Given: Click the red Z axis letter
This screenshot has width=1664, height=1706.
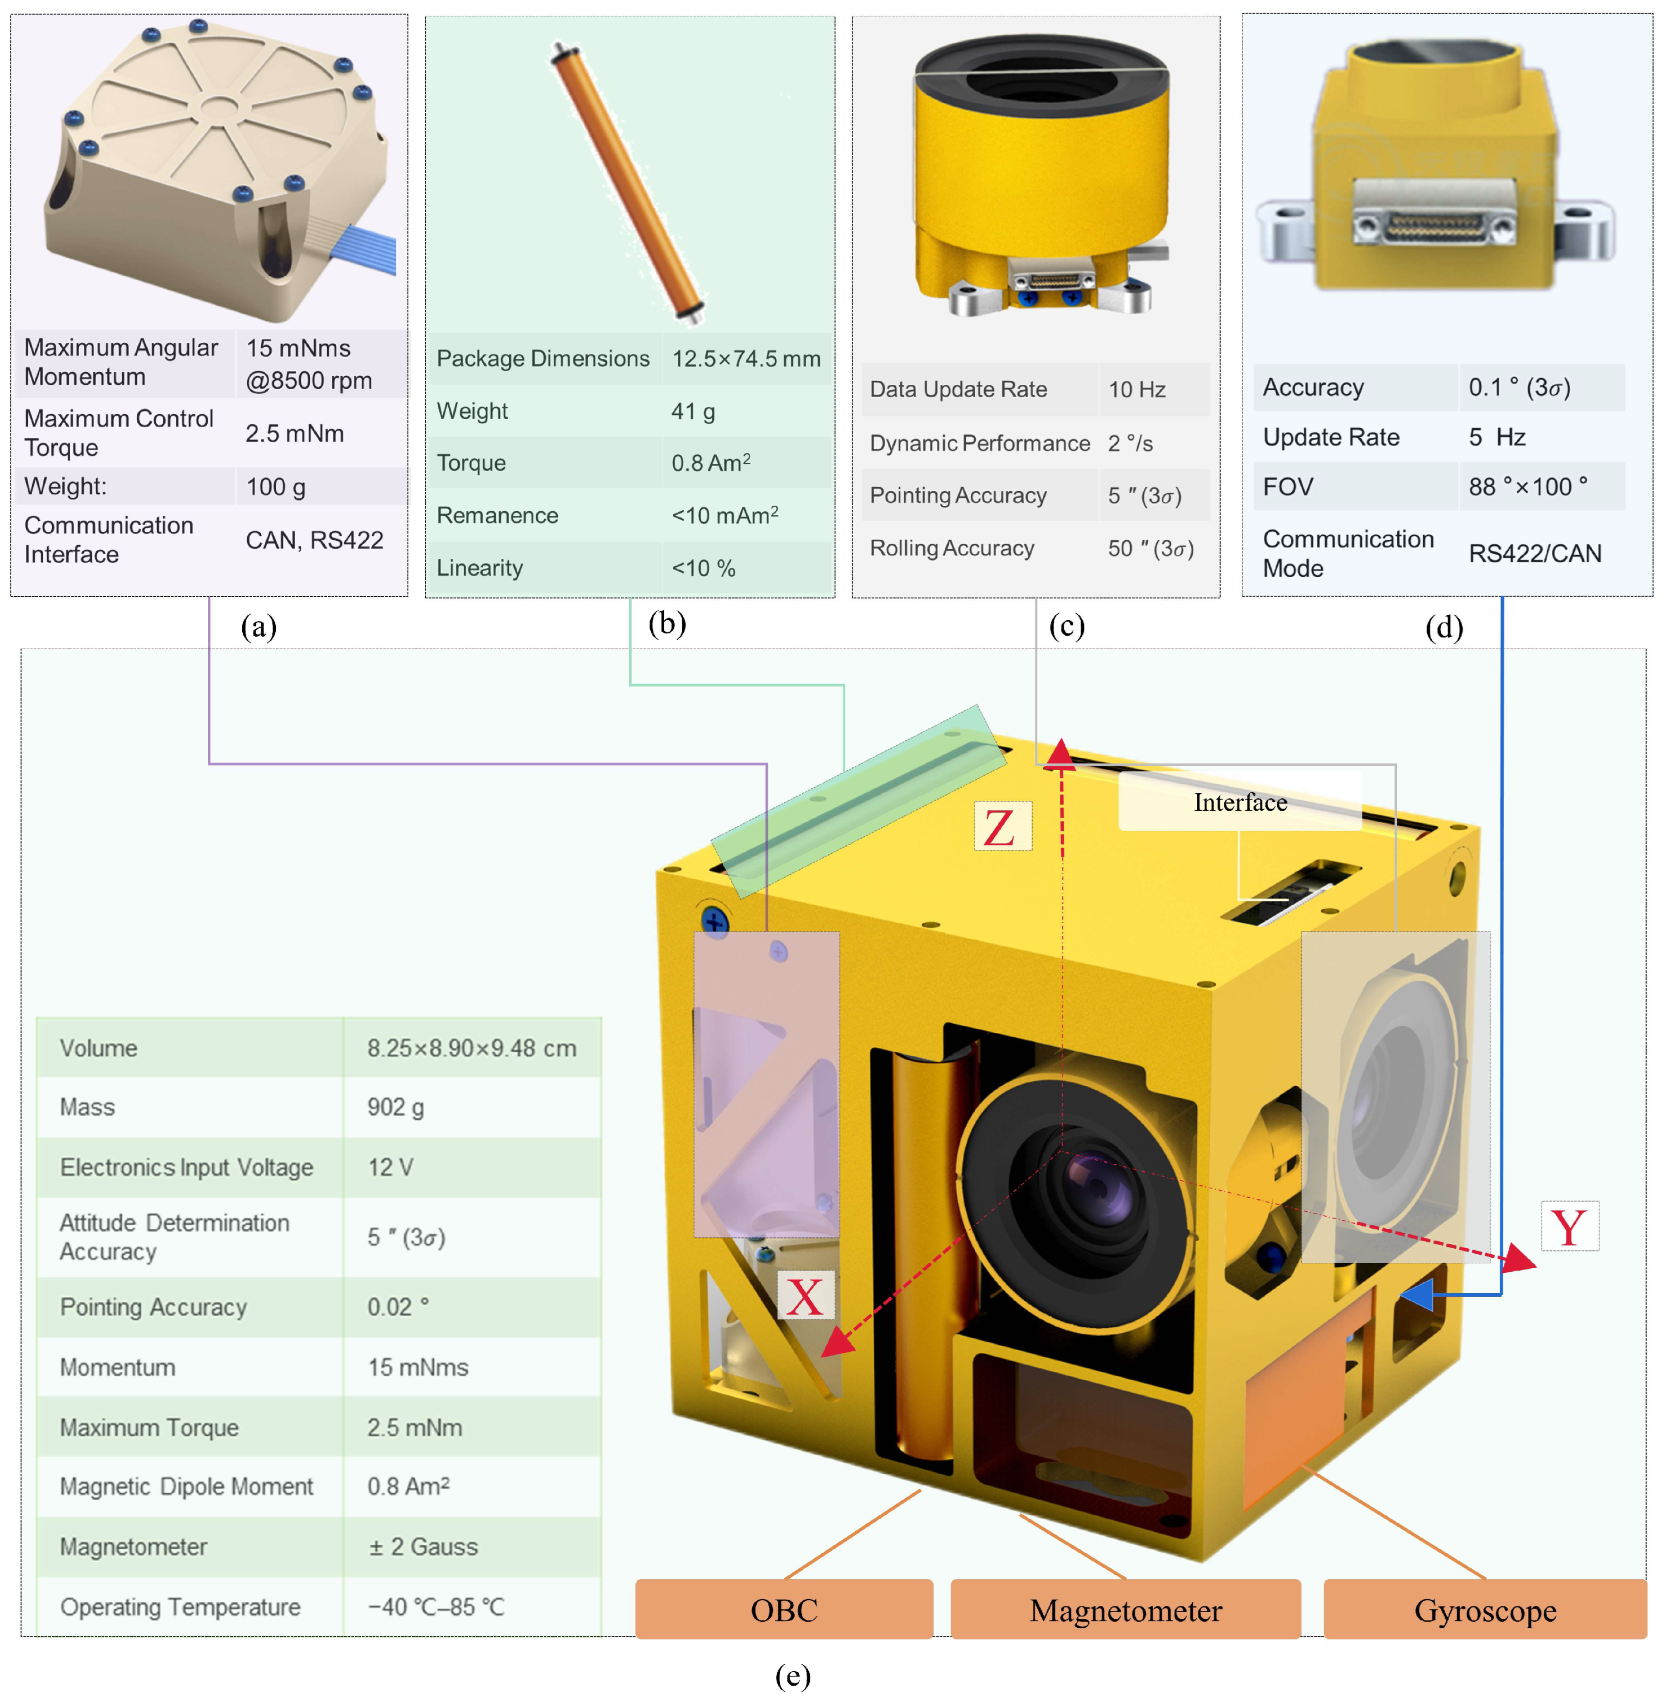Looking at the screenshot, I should click(x=1002, y=827).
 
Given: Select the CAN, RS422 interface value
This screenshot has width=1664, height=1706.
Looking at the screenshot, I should click(x=314, y=540).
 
